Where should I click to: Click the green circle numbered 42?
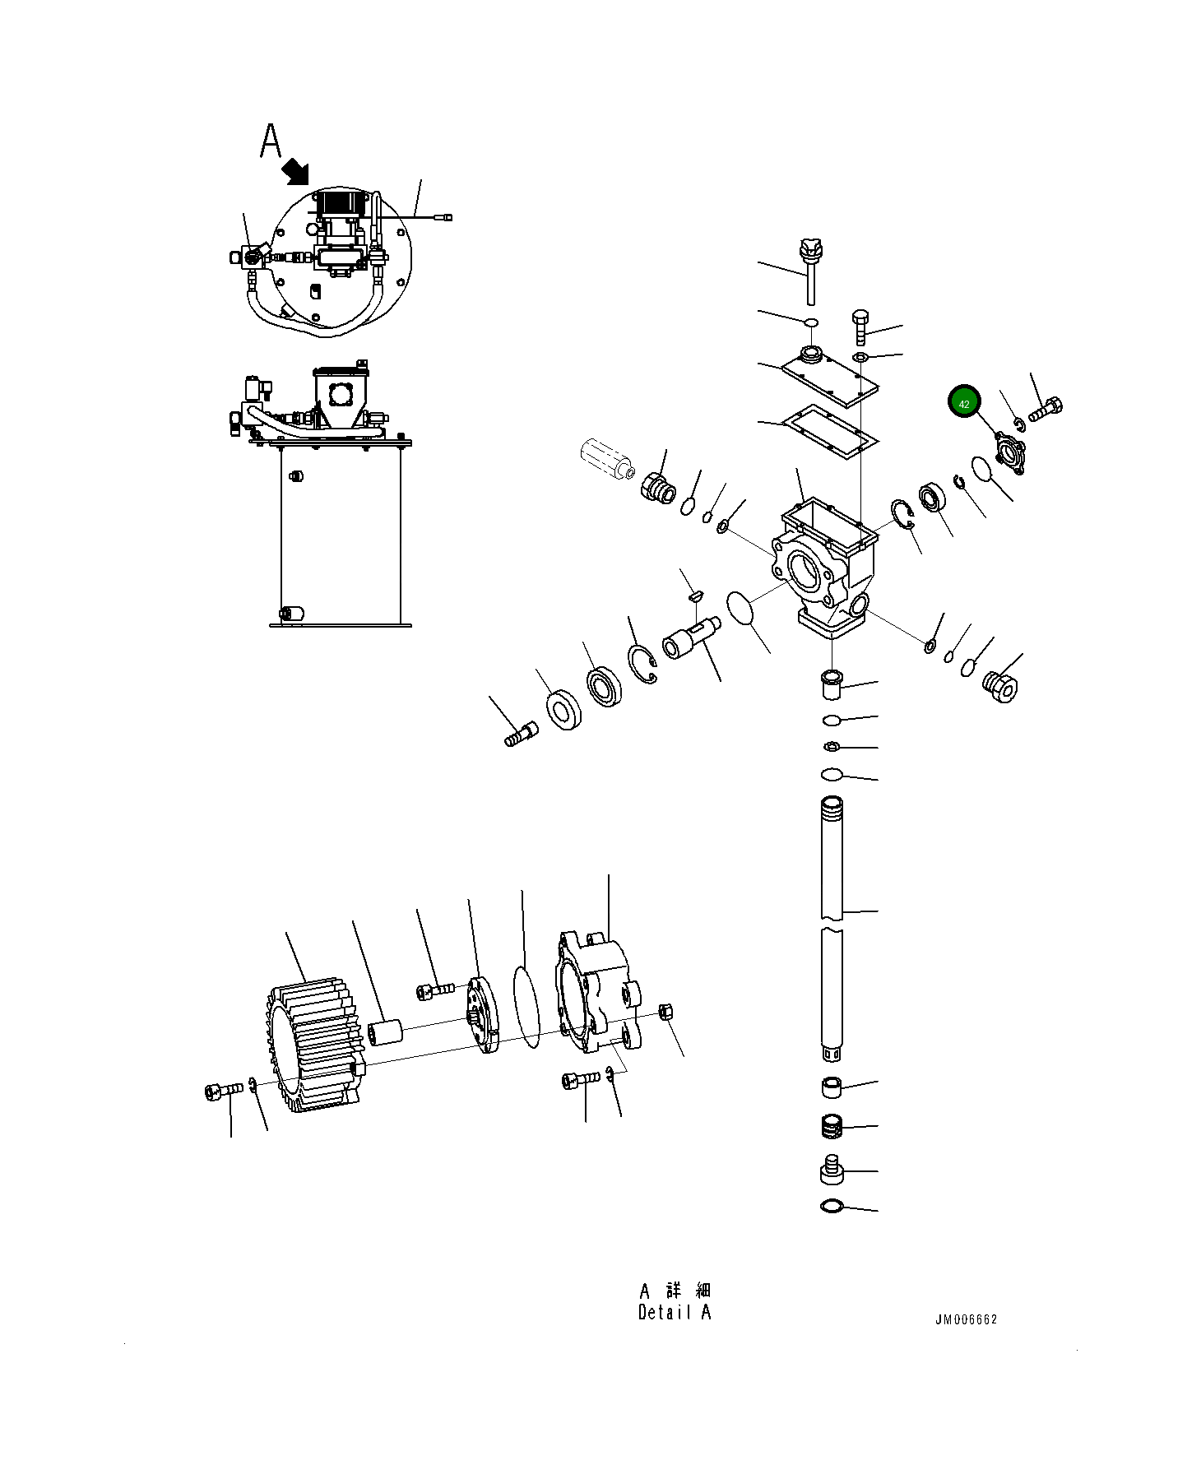(x=964, y=402)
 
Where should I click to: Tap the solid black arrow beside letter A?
(x=294, y=172)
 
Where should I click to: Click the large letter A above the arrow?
(x=271, y=141)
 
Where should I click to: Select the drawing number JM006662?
(x=965, y=1319)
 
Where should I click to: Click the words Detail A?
(x=674, y=1313)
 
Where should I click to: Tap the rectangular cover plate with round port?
(x=828, y=377)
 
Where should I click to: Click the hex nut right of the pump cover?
(x=667, y=1012)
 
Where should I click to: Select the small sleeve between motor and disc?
(x=384, y=1032)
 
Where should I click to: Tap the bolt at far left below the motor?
(x=221, y=1091)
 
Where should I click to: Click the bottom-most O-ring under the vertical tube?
(x=832, y=1206)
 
